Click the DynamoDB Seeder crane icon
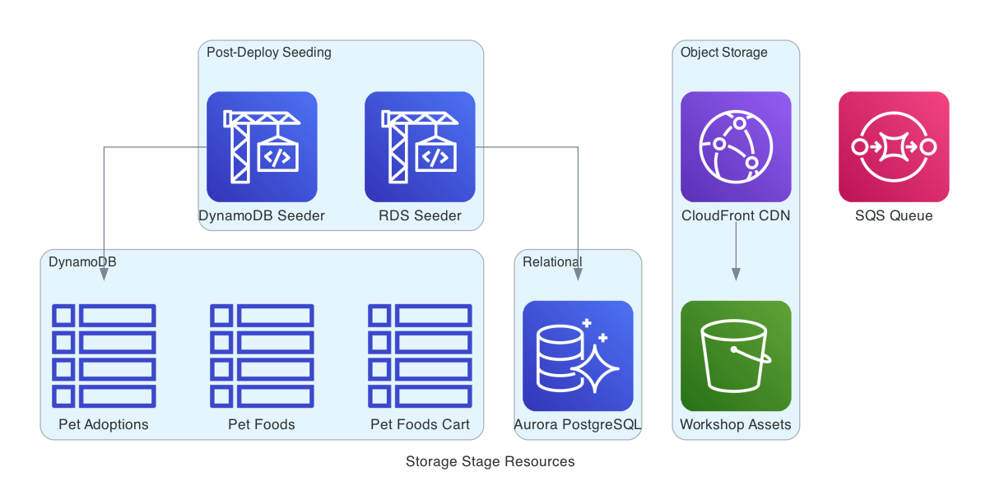click(262, 146)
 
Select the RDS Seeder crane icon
click(420, 146)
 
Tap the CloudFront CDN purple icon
click(736, 146)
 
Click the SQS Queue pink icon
click(894, 146)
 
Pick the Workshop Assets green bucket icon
click(736, 355)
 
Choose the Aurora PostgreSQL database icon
click(578, 355)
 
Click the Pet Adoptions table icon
click(104, 355)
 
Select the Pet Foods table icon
click(262, 355)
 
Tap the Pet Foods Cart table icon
click(420, 355)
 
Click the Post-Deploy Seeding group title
click(268, 53)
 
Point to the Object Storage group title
click(723, 53)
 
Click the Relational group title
click(552, 261)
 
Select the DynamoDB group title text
click(82, 261)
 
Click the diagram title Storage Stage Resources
click(490, 461)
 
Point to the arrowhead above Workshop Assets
click(736, 274)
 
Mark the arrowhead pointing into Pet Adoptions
click(104, 275)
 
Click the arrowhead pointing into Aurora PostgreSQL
click(578, 275)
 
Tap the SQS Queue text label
click(894, 215)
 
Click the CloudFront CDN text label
click(736, 215)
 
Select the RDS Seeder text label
click(420, 215)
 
